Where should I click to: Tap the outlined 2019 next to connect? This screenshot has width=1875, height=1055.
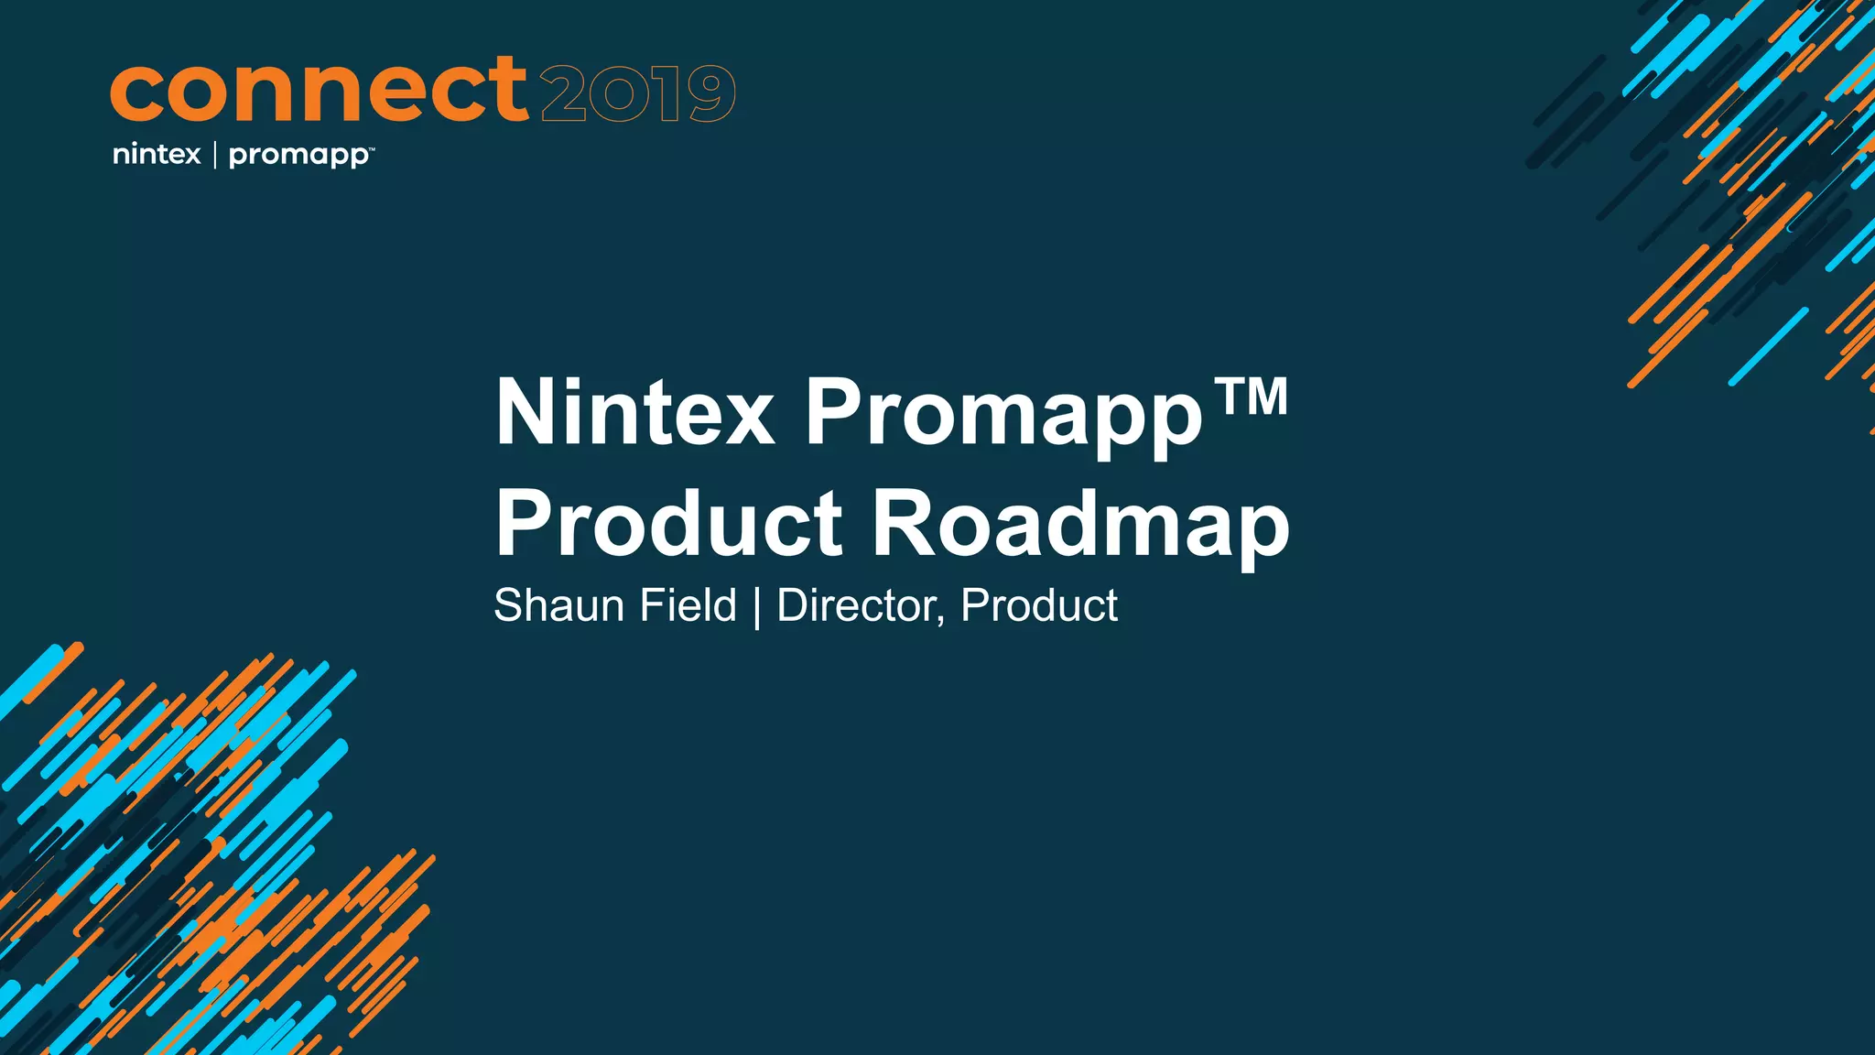click(638, 93)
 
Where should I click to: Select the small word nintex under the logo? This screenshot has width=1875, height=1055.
click(157, 154)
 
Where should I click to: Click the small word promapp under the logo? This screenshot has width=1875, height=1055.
click(298, 156)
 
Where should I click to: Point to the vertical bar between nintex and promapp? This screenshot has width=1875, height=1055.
click(215, 155)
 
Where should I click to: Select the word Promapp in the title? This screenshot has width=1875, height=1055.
click(1003, 417)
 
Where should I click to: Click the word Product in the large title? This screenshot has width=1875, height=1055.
click(668, 524)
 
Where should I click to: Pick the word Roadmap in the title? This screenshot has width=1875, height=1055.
click(1080, 526)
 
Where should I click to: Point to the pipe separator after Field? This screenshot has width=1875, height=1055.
click(756, 607)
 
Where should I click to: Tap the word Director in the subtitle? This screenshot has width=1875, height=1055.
click(856, 605)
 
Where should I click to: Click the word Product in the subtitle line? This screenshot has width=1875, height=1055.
click(1039, 605)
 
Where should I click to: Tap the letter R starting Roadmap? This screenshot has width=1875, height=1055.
click(902, 524)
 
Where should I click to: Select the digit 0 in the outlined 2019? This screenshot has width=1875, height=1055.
click(618, 94)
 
